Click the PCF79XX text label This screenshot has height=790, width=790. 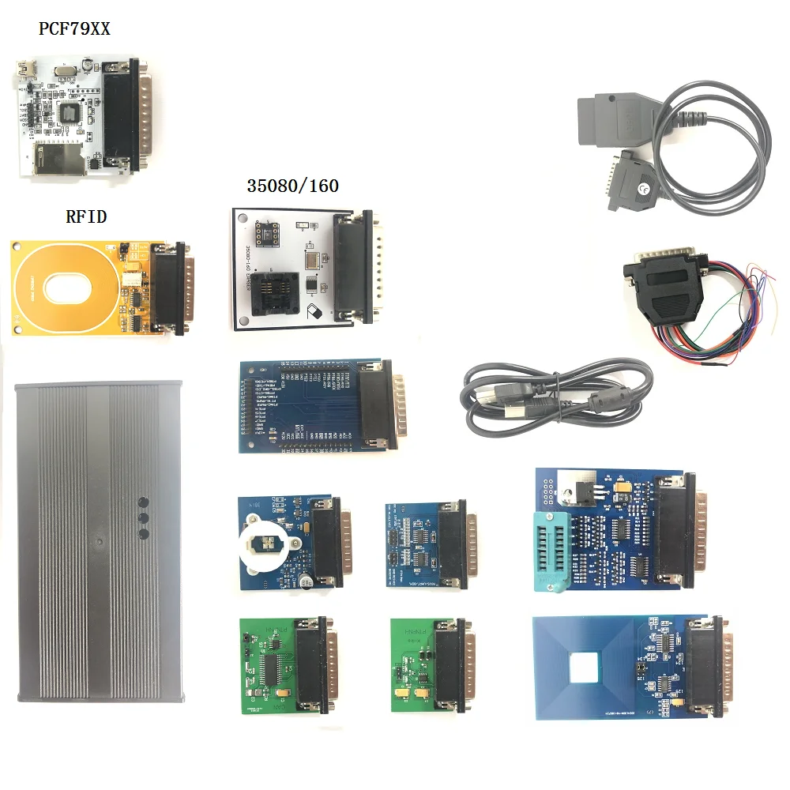(x=75, y=29)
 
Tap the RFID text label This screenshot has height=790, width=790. (x=86, y=216)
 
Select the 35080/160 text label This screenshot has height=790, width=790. (x=292, y=186)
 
